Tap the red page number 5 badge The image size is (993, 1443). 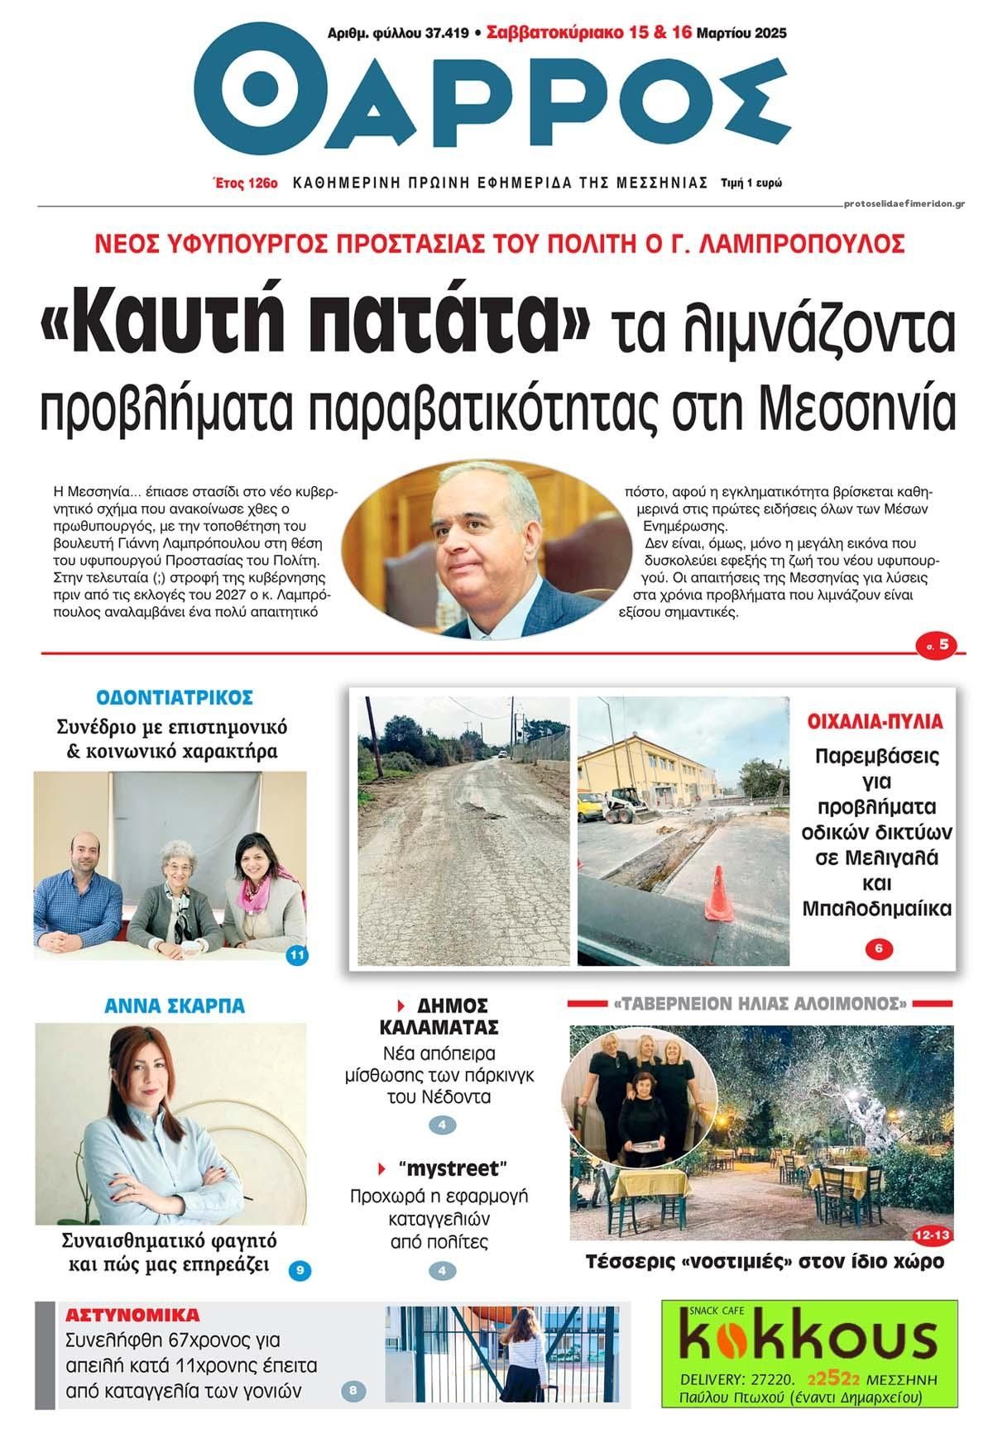point(941,645)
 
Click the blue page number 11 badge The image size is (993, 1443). point(297,956)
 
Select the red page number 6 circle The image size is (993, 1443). point(879,949)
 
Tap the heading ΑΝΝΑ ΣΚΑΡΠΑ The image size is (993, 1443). point(174,1006)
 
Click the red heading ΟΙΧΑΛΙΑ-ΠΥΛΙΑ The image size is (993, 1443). point(875,720)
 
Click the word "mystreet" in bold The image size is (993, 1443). point(452,1168)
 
